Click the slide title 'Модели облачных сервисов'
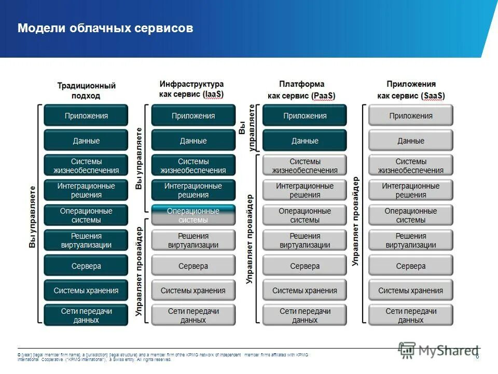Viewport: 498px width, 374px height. pyautogui.click(x=105, y=28)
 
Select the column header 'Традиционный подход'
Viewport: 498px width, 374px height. pyautogui.click(x=86, y=90)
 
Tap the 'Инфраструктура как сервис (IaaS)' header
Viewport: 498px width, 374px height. pyautogui.click(x=191, y=89)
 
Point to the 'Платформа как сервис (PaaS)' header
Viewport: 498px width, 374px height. pyautogui.click(x=301, y=89)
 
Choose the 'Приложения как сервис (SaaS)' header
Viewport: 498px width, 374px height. pyautogui.click(x=411, y=89)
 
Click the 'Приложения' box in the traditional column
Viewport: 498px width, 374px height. pyautogui.click(x=86, y=116)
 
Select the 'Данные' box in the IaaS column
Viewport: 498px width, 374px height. pyautogui.click(x=193, y=141)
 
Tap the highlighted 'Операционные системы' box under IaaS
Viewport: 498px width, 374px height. pyautogui.click(x=193, y=215)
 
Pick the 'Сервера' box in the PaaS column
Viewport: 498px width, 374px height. pyautogui.click(x=305, y=266)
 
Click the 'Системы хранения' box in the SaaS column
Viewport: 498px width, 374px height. pyautogui.click(x=410, y=291)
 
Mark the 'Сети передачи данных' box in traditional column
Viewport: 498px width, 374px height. pyautogui.click(x=86, y=315)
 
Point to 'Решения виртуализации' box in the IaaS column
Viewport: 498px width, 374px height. pyautogui.click(x=193, y=241)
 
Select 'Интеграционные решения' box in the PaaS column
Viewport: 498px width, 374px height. pyautogui.click(x=305, y=190)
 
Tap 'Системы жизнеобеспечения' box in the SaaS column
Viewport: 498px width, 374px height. pyautogui.click(x=410, y=166)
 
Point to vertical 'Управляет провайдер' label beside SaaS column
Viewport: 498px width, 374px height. pyautogui.click(x=356, y=221)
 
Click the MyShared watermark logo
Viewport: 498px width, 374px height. pyautogui.click(x=438, y=350)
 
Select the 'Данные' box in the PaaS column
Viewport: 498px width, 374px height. pyautogui.click(x=305, y=141)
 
